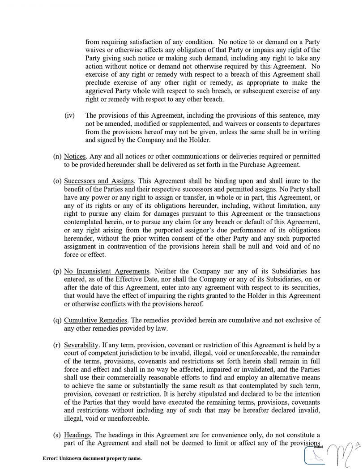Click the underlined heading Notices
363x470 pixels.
74,156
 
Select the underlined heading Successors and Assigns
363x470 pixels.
99,181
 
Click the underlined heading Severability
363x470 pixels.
81,345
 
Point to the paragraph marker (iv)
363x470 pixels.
69,115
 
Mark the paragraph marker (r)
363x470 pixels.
57,345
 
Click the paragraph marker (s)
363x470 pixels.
57,435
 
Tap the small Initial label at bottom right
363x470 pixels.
318,447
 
